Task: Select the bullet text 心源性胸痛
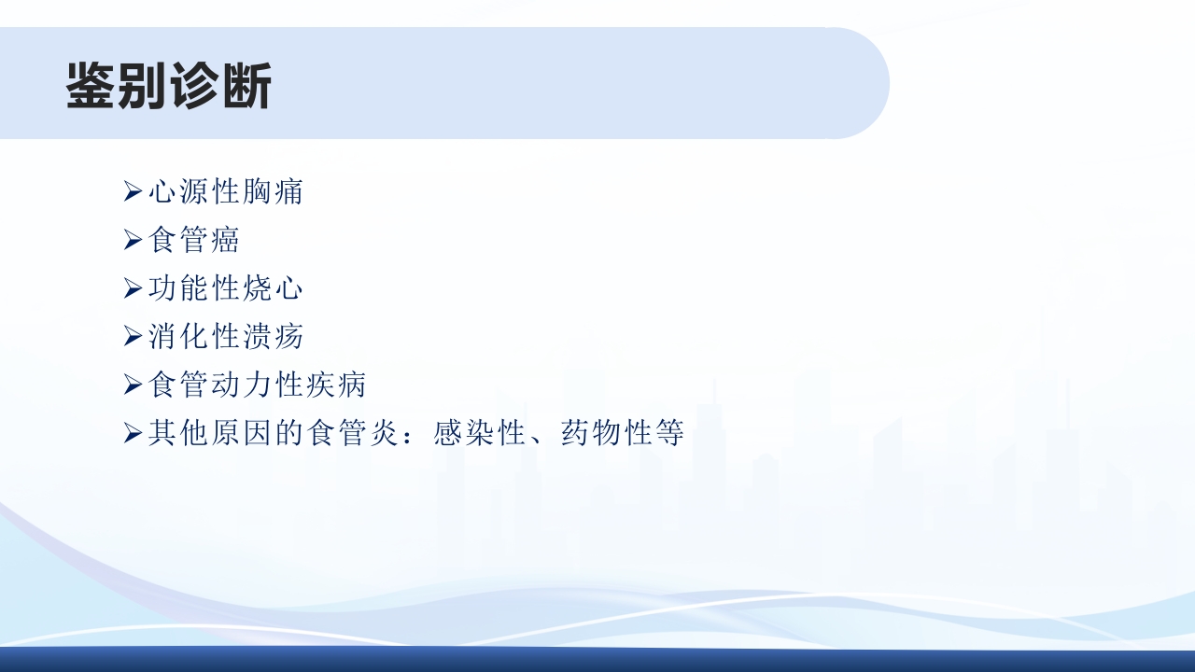point(226,192)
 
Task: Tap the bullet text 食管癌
point(194,240)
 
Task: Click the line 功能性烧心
point(226,288)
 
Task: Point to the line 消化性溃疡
point(226,336)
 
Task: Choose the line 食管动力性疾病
point(258,385)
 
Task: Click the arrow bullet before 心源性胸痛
point(133,193)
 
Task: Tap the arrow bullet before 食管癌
point(133,241)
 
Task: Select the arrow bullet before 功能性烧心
point(133,289)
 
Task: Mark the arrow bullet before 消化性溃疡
point(133,337)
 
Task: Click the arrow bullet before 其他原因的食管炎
point(133,433)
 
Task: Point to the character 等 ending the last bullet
point(670,433)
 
